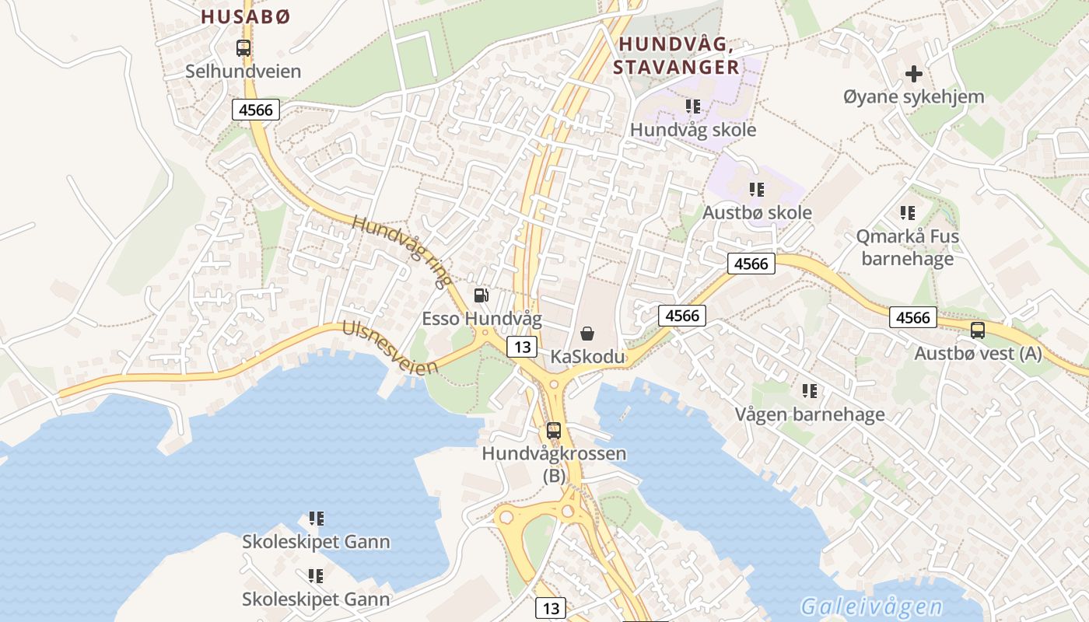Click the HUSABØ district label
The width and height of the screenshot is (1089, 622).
click(x=245, y=16)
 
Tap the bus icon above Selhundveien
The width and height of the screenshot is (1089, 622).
click(x=243, y=48)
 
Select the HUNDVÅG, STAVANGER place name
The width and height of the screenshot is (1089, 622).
click(x=675, y=54)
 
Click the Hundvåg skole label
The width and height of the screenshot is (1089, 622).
click(x=692, y=129)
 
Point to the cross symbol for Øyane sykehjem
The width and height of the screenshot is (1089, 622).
click(x=914, y=75)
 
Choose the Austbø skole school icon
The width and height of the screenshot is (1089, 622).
click(x=756, y=189)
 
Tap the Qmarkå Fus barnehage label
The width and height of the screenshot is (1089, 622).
click(x=907, y=247)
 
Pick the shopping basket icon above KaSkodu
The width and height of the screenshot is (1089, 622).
click(x=588, y=334)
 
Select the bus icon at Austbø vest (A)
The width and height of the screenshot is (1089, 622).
click(x=978, y=330)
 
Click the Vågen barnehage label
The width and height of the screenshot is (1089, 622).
click(x=810, y=414)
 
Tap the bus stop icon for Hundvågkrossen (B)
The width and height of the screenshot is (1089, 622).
click(x=554, y=430)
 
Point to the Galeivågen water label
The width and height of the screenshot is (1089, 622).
click(x=870, y=606)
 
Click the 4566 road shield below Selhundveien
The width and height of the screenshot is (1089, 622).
click(x=256, y=110)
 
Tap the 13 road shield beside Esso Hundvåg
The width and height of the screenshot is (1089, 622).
click(x=521, y=346)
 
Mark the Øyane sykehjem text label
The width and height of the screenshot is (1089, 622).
click(x=913, y=97)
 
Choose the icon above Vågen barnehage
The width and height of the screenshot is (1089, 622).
click(x=809, y=391)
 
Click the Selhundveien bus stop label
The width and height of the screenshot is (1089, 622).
click(x=243, y=72)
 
